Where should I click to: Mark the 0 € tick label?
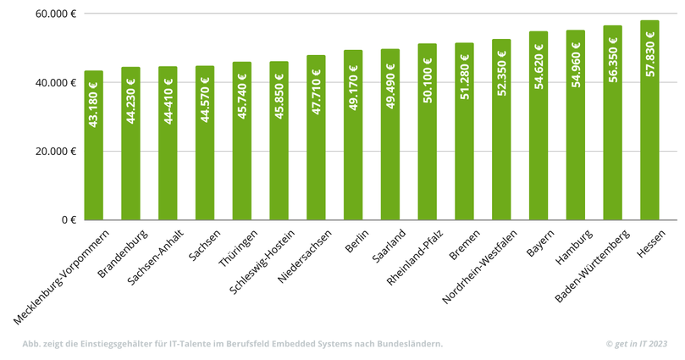tap(68, 220)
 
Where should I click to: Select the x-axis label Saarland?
tap(390, 246)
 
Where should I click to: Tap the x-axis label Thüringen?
tap(238, 249)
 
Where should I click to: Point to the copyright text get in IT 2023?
tap(637, 344)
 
